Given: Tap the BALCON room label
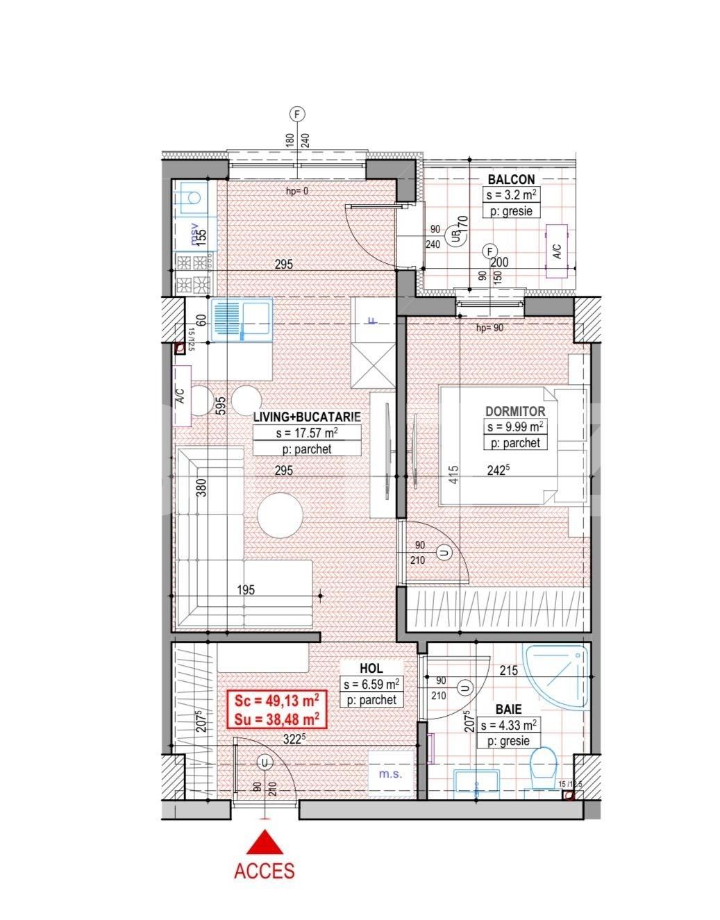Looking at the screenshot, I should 510,179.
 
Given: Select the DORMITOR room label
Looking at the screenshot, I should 515,412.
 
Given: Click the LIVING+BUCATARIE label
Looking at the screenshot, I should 306,417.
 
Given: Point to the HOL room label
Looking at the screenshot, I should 371,668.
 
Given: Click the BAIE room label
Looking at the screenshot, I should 508,710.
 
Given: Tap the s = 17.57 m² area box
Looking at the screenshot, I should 306,434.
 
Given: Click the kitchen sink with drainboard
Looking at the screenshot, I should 242,320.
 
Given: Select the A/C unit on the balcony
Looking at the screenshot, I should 558,251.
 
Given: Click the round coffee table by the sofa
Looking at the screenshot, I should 281,515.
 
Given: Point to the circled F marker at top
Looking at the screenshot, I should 298,114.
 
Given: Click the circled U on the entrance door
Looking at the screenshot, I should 264,762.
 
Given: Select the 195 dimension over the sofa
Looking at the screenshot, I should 246,590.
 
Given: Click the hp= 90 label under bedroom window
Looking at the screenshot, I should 489,328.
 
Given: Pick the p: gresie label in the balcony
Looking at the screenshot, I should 511,211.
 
